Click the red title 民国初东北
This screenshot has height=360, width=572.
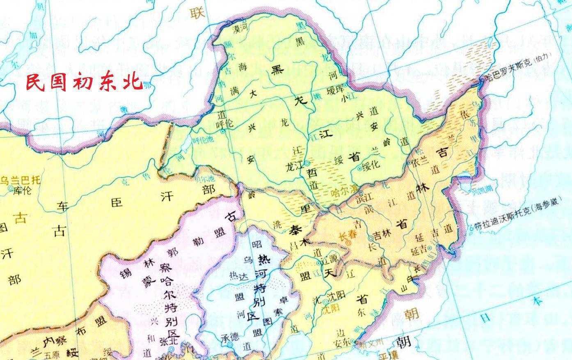tap(85, 82)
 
